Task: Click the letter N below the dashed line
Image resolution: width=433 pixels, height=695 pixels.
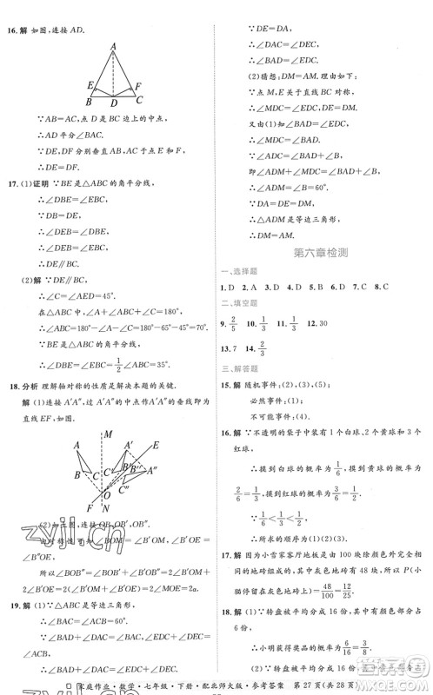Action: (x=106, y=509)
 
